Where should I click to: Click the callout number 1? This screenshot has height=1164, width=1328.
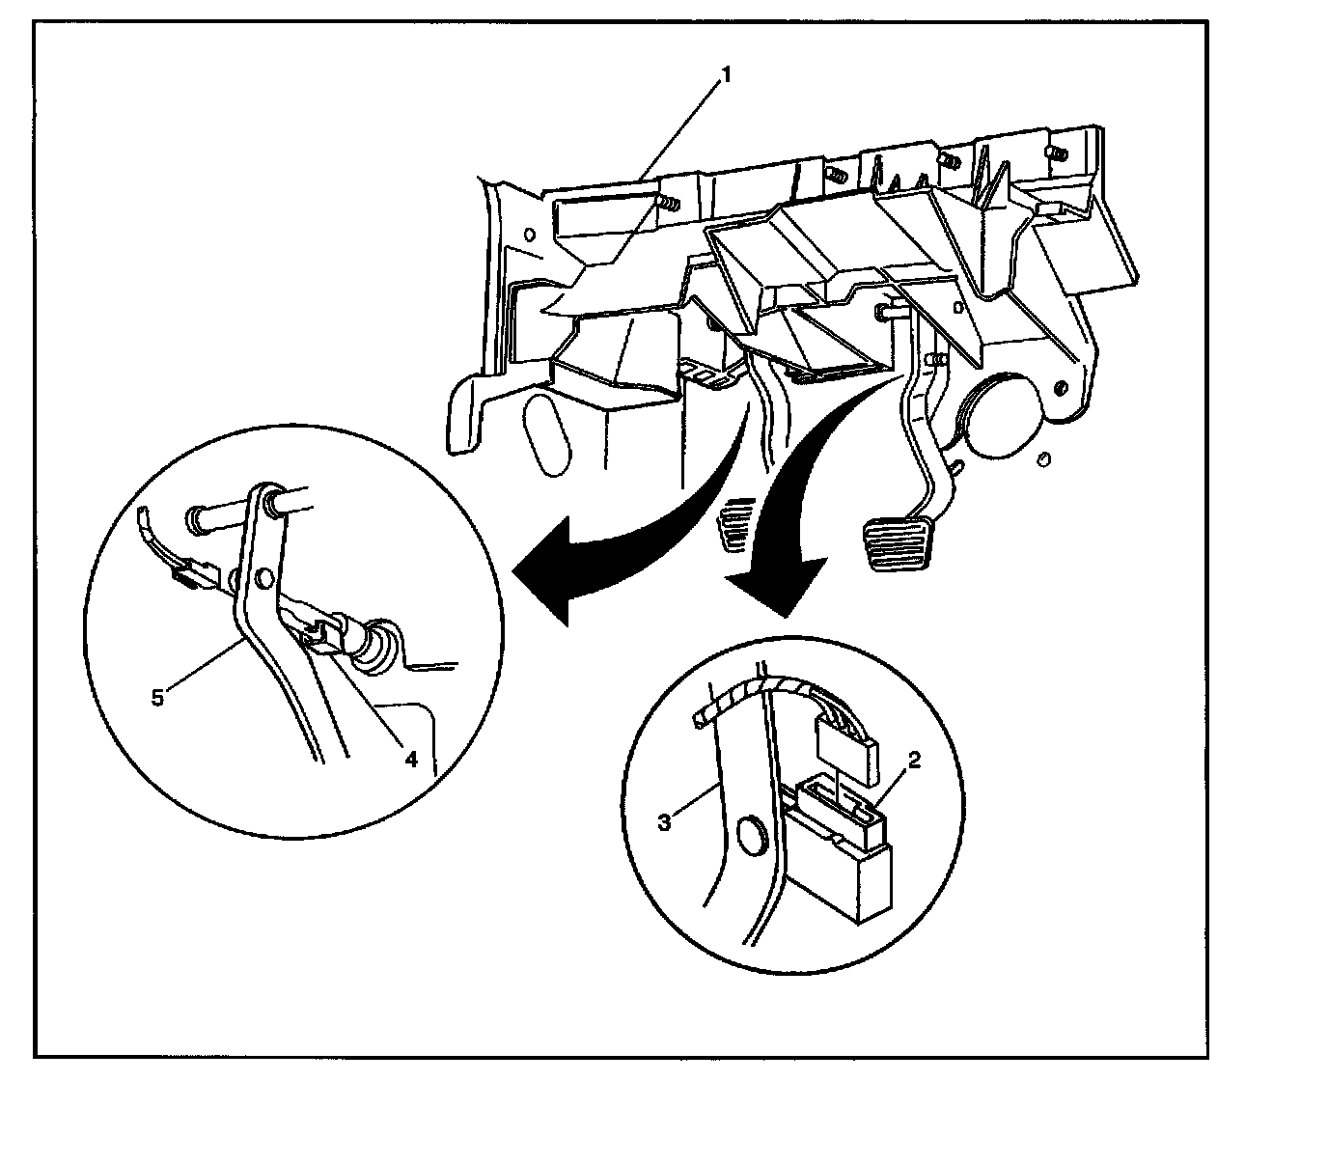[x=727, y=74]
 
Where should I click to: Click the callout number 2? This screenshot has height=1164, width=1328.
[x=915, y=760]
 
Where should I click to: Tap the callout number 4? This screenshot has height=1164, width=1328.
[x=411, y=759]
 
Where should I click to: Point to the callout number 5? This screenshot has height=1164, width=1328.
[x=158, y=696]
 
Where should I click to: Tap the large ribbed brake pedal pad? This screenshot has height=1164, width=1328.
[x=899, y=544]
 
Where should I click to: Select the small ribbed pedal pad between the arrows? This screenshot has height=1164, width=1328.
[x=737, y=525]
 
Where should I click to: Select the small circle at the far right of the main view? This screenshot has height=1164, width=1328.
[x=1042, y=458]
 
